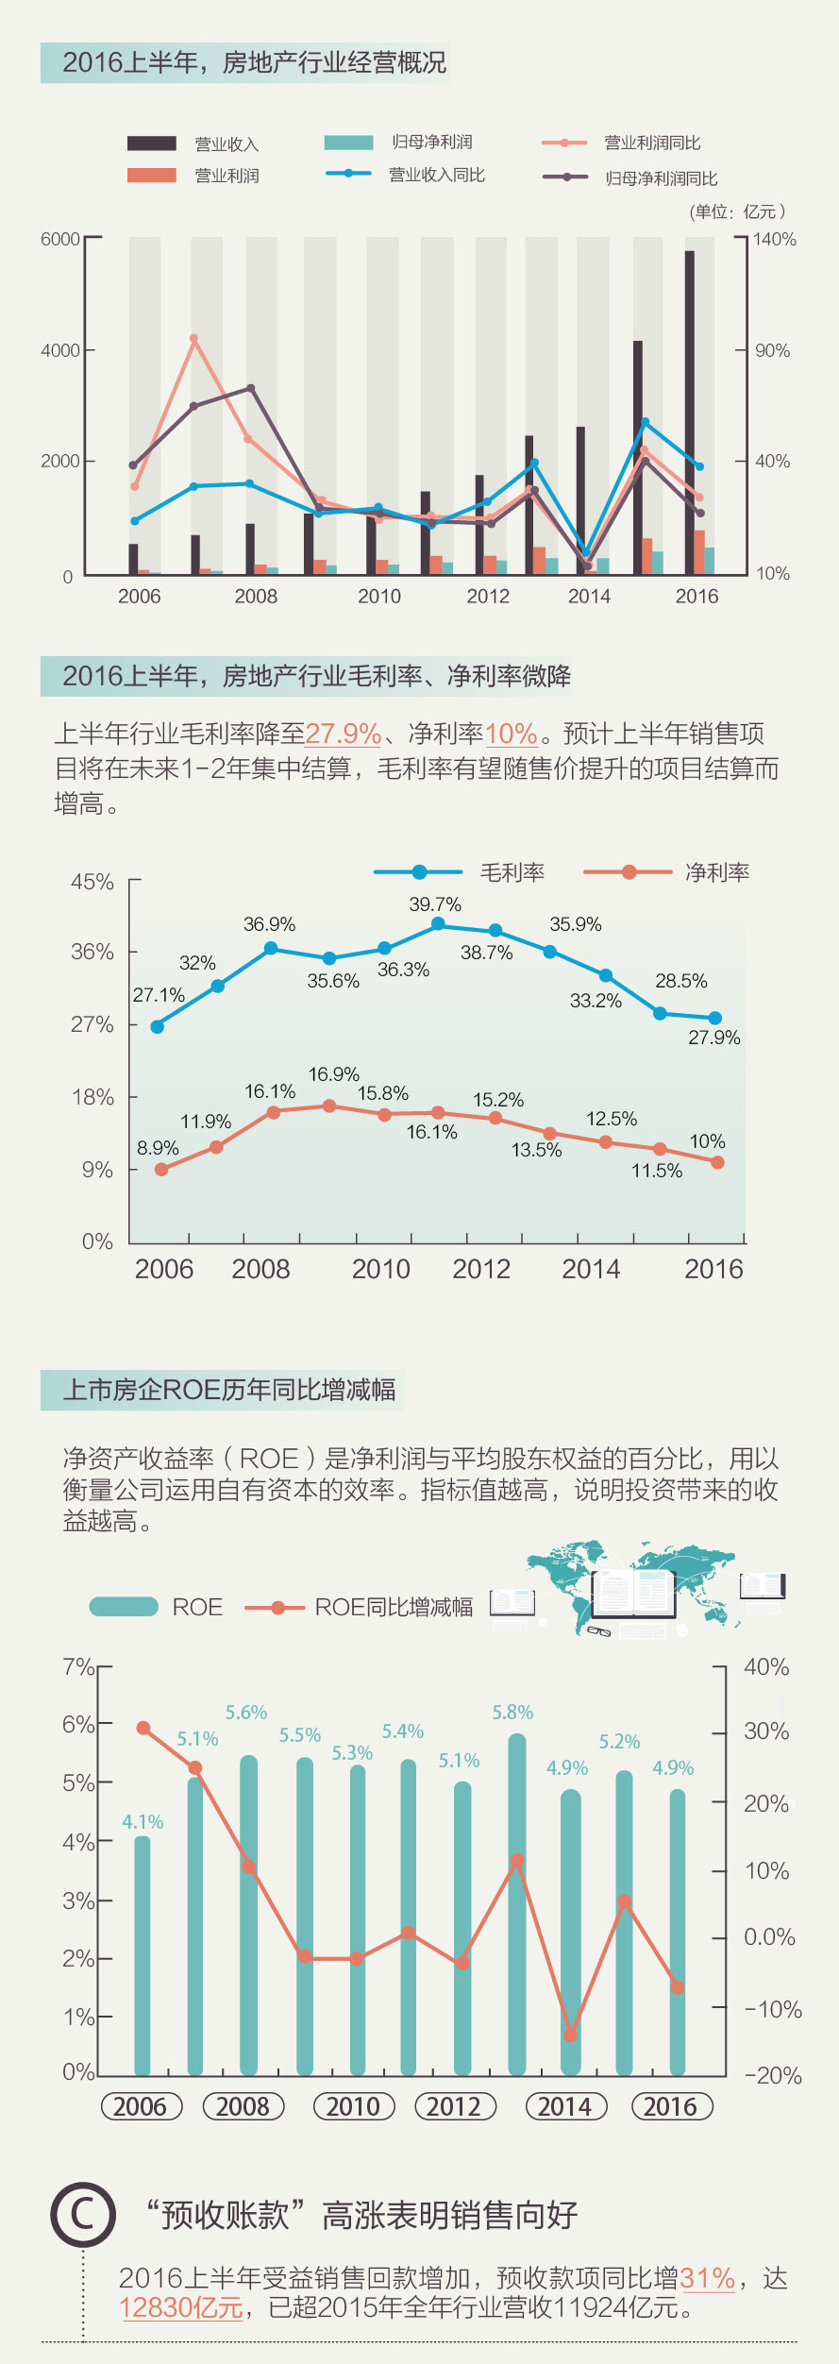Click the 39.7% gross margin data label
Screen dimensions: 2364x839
435,904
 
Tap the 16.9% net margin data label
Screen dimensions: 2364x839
334,1074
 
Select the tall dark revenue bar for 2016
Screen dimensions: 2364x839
690,412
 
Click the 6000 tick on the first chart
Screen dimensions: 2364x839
60,239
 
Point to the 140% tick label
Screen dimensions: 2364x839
775,239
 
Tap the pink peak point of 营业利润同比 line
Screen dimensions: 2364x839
193,339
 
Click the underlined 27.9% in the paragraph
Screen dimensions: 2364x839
343,734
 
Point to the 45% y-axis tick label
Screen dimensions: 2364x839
92,882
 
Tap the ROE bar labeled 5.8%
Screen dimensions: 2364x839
517,1902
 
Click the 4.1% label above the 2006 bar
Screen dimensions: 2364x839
143,1821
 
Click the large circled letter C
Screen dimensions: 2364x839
83,2214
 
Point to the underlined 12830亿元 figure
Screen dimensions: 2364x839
181,2307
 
